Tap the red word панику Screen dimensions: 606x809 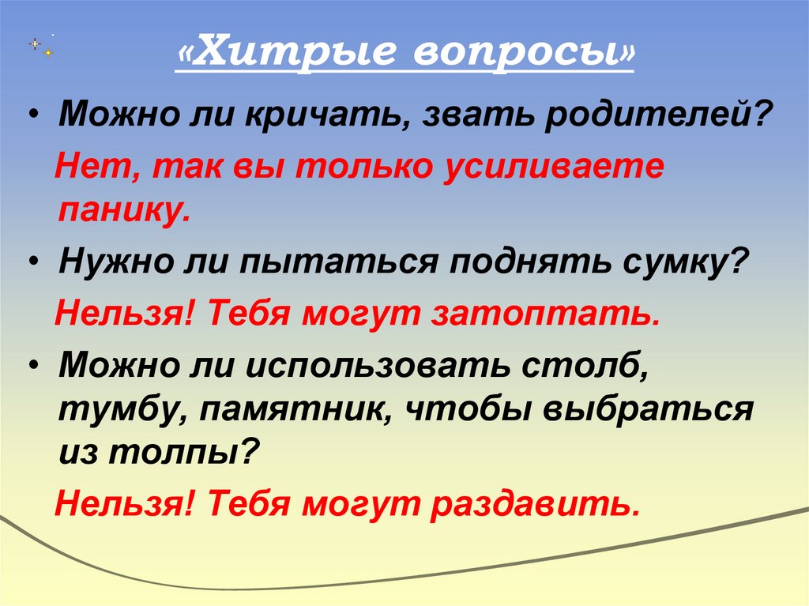coord(122,211)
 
